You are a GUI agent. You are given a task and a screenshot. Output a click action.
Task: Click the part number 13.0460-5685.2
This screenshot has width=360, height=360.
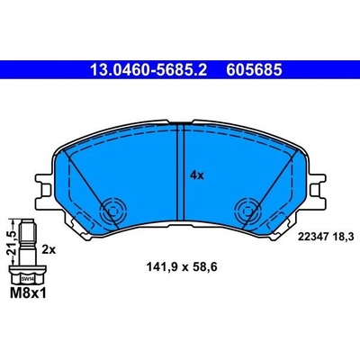pyautogui.click(x=148, y=70)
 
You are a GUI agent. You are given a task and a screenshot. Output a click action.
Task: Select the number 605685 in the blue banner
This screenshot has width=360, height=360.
pyautogui.click(x=254, y=70)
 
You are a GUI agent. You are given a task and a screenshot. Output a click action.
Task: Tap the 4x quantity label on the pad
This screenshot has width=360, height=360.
pyautogui.click(x=197, y=175)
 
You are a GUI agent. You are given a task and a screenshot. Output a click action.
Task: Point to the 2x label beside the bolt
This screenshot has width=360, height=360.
pyautogui.click(x=49, y=249)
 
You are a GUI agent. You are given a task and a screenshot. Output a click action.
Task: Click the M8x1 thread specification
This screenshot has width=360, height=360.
pyautogui.click(x=28, y=293)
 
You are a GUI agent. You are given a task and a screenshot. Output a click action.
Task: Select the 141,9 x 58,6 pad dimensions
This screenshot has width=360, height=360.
pyautogui.click(x=182, y=266)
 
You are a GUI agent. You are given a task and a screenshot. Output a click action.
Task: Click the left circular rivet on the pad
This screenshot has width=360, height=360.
pyautogui.click(x=112, y=211)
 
